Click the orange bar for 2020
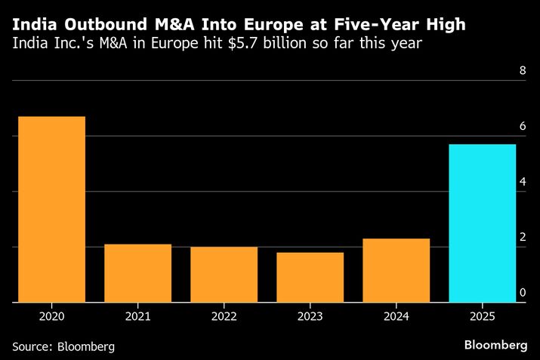(51, 209)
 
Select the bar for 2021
(137, 272)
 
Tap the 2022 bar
(224, 274)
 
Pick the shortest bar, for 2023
(310, 277)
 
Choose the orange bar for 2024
(396, 270)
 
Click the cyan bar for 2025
(482, 223)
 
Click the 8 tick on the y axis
(522, 71)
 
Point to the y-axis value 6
(522, 127)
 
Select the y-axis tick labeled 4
(522, 182)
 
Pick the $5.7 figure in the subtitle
(241, 44)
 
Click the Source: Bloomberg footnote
(63, 346)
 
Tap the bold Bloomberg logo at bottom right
(495, 344)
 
